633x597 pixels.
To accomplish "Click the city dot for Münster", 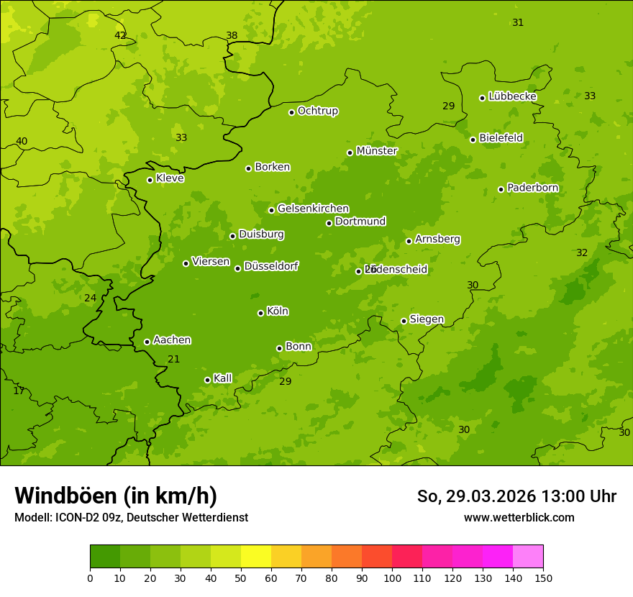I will [350, 152].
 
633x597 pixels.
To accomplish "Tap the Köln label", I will [278, 311].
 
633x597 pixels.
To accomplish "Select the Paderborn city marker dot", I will [501, 189].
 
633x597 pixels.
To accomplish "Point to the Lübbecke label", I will [512, 96].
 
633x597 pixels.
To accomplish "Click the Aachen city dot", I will [147, 342].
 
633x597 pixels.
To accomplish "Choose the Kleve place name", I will [170, 178].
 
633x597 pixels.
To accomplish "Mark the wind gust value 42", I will [120, 35].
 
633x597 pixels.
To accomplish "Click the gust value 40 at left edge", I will [22, 141].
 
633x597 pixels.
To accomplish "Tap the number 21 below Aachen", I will [174, 359].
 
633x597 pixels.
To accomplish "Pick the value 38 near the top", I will [232, 35].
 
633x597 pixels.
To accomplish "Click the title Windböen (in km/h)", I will [116, 496].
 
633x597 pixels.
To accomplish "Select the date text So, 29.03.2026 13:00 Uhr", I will [516, 496].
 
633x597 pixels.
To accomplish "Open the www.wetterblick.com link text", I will [519, 517].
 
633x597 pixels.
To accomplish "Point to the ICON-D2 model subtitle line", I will [131, 517].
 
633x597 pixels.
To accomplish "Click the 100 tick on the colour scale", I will [392, 577].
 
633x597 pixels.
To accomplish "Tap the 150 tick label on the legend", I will [543, 577].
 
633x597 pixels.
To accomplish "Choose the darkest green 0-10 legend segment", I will [105, 557].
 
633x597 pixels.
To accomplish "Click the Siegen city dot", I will [404, 321].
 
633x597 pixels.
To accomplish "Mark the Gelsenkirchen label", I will [313, 209].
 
